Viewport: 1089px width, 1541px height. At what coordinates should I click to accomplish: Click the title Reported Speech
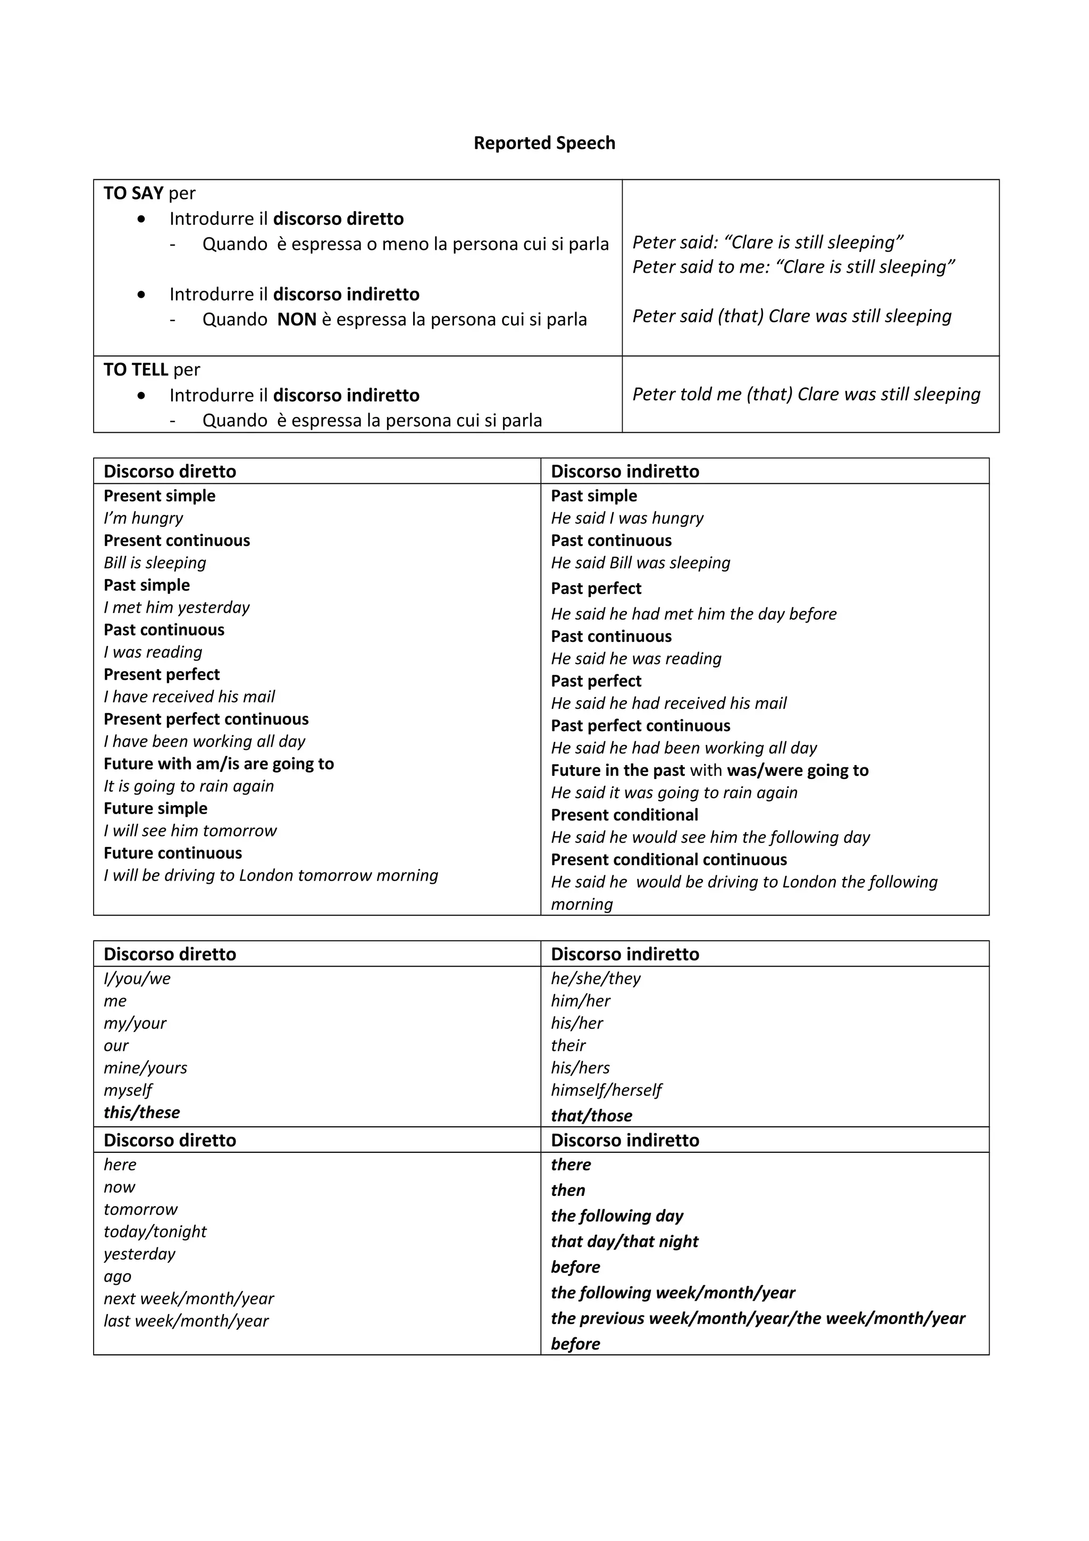tap(544, 143)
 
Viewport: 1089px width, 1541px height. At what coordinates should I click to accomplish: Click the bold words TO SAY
tap(133, 194)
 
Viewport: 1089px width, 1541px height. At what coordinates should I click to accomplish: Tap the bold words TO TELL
tap(136, 370)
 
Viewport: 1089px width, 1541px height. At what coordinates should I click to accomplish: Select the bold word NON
tap(297, 320)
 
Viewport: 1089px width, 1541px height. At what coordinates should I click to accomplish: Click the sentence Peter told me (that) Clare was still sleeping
tap(806, 394)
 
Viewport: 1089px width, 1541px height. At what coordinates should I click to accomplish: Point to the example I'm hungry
tap(143, 518)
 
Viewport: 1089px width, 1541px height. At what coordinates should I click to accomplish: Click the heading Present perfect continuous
tap(206, 719)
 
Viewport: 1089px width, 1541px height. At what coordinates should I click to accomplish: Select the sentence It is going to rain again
tap(189, 786)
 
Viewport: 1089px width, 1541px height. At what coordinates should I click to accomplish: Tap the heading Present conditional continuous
tap(668, 860)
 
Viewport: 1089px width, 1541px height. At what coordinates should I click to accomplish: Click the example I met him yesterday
tap(177, 607)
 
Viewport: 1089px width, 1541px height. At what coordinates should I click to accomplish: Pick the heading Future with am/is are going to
tap(219, 764)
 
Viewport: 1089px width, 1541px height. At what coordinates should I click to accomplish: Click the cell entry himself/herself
tap(606, 1090)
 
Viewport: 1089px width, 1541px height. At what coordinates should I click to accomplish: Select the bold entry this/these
tap(141, 1112)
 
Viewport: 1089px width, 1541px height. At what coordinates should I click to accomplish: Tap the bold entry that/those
tap(591, 1116)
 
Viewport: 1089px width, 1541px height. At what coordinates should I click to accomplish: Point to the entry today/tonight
tap(155, 1232)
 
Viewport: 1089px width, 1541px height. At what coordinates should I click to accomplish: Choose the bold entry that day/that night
tap(624, 1242)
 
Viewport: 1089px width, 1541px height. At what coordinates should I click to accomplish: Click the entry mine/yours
tap(146, 1068)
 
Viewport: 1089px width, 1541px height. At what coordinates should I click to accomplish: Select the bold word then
tap(568, 1191)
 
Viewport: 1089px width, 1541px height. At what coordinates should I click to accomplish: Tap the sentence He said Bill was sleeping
tap(640, 563)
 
